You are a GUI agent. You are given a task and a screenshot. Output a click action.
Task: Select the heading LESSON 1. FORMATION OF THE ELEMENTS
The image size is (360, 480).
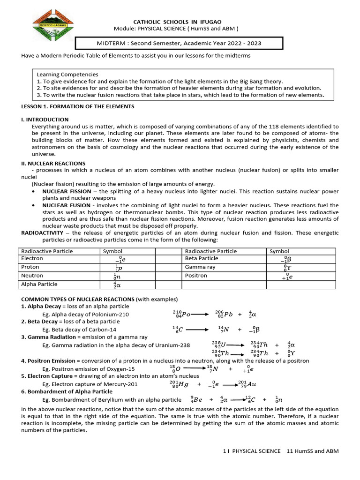78,106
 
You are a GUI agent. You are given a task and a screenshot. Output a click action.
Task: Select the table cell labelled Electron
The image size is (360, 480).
32,258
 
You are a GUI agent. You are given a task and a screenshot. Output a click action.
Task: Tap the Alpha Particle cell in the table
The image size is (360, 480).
39,284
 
